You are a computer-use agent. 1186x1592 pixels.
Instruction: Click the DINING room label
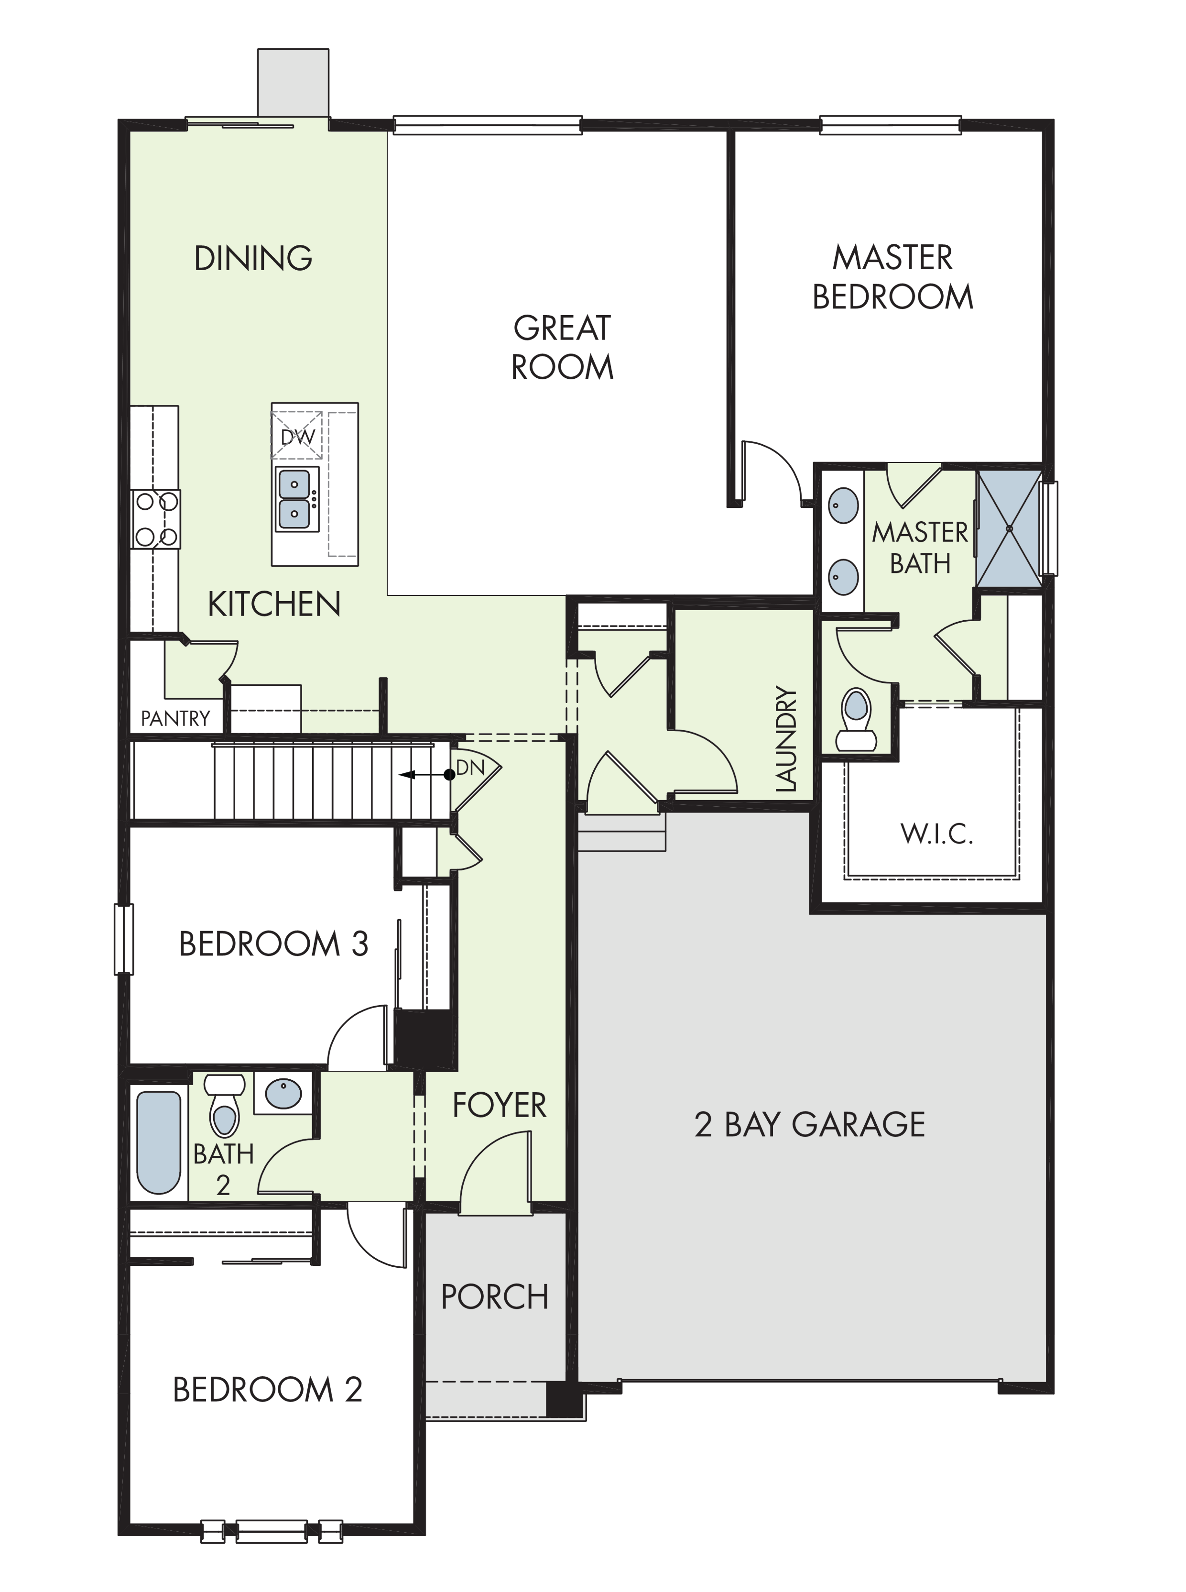click(253, 259)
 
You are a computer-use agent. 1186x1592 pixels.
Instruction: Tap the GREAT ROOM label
click(562, 348)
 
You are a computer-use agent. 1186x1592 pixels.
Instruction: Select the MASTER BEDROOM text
click(892, 277)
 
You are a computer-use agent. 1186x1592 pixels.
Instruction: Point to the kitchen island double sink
click(295, 498)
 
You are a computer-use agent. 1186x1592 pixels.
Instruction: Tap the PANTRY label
click(175, 718)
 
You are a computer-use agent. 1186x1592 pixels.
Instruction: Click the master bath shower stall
click(1009, 528)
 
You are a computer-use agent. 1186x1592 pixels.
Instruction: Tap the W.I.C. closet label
click(937, 834)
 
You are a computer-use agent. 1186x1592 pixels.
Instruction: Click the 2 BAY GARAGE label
click(810, 1125)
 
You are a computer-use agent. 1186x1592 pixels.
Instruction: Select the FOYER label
click(500, 1106)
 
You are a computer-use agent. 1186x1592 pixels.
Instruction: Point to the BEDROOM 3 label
click(273, 944)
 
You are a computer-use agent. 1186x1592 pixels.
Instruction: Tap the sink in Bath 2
click(283, 1094)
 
